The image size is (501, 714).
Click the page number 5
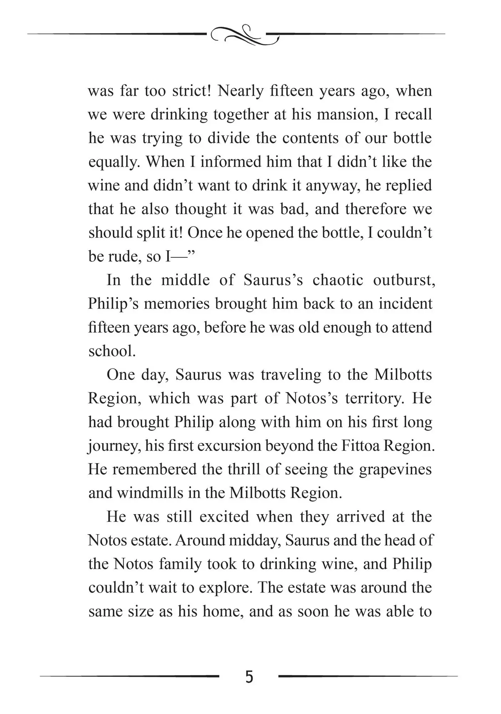249,677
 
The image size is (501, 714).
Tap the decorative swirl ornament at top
245,35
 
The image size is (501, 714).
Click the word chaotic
338,280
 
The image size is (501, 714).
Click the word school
112,351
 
